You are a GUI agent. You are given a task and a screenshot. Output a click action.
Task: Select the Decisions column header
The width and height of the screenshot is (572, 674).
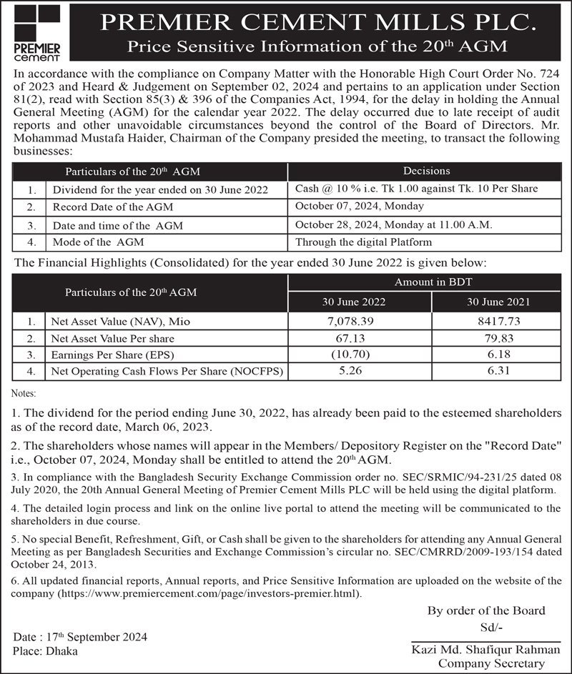click(x=426, y=172)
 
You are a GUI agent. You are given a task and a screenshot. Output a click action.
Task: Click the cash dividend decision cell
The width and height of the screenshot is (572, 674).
click(x=415, y=189)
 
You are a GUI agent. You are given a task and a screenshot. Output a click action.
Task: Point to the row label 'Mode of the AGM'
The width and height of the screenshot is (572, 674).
click(x=99, y=243)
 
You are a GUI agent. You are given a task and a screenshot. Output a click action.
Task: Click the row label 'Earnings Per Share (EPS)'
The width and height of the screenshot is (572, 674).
click(x=114, y=355)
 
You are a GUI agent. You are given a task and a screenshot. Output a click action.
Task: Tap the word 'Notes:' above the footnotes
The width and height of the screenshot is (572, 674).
click(x=26, y=394)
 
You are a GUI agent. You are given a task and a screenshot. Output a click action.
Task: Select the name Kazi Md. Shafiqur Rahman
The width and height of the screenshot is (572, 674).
click(x=478, y=650)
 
